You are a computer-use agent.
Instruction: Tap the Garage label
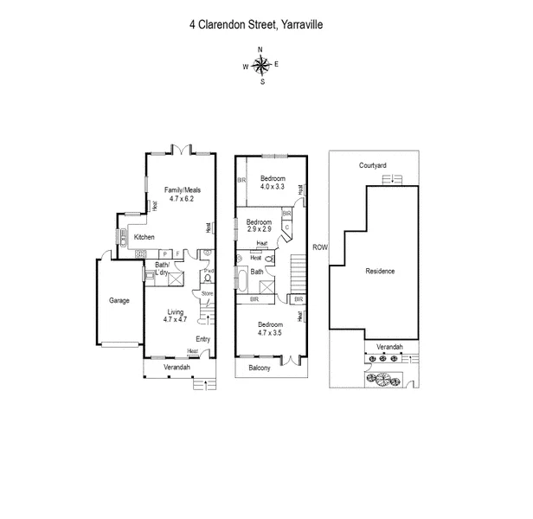tap(119, 301)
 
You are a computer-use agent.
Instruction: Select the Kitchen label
tap(144, 236)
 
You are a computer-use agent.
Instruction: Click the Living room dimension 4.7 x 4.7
tap(176, 319)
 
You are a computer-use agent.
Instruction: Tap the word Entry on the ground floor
tap(203, 339)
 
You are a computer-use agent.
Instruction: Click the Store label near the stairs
tap(207, 294)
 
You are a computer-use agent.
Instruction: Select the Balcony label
tap(260, 368)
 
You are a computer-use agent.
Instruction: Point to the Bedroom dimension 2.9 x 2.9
tap(260, 229)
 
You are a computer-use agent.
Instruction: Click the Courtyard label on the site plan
tap(373, 164)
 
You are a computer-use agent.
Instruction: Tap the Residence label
tap(380, 271)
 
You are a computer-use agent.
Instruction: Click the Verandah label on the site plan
tap(389, 346)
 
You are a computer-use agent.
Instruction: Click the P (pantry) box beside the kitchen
tap(164, 253)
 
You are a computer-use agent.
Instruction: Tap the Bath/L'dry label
tap(163, 268)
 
